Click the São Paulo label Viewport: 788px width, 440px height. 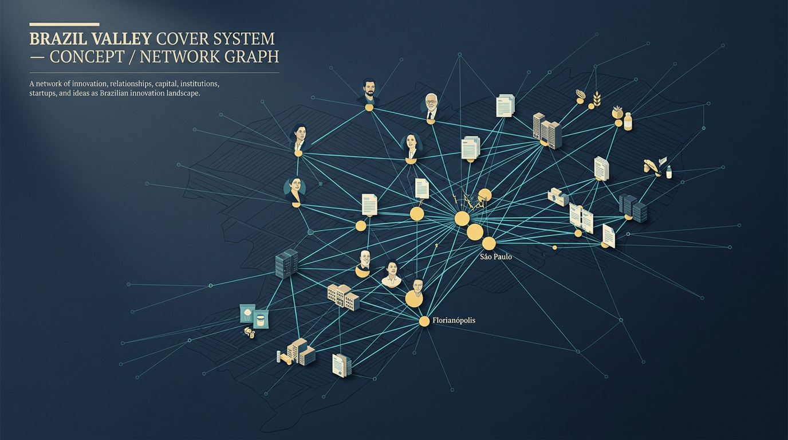pyautogui.click(x=496, y=257)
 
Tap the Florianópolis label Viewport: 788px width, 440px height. pyautogui.click(x=454, y=320)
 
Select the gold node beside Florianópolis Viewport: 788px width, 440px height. pyautogui.click(x=424, y=321)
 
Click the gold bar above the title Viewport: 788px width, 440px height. pyautogui.click(x=64, y=24)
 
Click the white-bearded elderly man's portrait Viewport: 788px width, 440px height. pyautogui.click(x=431, y=107)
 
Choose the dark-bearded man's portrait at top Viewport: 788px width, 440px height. pyautogui.click(x=369, y=92)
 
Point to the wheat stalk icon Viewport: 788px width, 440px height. pyautogui.click(x=597, y=99)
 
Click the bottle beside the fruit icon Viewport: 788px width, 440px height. pyautogui.click(x=628, y=121)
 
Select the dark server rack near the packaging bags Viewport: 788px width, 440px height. pyautogui.click(x=287, y=264)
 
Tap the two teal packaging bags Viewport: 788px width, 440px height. pyautogui.click(x=254, y=316)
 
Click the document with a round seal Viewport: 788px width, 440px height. pyautogui.click(x=341, y=366)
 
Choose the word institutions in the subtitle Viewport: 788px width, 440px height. pyautogui.click(x=200, y=84)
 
